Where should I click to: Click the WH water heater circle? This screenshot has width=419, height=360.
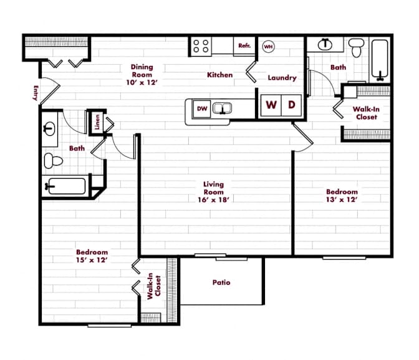point(268,47)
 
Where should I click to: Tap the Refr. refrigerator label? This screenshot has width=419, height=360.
point(244,45)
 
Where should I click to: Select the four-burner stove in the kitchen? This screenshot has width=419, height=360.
point(201,46)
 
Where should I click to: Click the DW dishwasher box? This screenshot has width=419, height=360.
point(202,108)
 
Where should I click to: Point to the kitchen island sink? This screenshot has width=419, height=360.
point(222,108)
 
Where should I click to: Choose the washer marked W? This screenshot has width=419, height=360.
point(271,105)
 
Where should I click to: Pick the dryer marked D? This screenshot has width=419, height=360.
point(292,105)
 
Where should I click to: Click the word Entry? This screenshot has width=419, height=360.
point(36,93)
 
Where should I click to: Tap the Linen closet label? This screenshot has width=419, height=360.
point(97,122)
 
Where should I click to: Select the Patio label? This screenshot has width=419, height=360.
point(221,282)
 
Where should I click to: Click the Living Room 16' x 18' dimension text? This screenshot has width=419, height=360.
point(213,199)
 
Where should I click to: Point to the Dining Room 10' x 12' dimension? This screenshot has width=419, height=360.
point(142,82)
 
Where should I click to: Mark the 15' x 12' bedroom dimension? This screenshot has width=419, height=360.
point(92,260)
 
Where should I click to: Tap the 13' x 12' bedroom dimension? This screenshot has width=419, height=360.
point(342,199)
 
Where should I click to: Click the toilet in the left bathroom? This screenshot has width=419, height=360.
point(53,161)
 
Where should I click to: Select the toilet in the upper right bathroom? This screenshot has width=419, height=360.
point(357,48)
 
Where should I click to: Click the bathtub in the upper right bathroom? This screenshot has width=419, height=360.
point(380,60)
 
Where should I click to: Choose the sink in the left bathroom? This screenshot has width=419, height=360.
point(49,129)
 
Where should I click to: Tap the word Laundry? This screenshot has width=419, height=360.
point(282,78)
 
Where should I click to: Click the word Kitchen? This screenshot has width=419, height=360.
point(219,75)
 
